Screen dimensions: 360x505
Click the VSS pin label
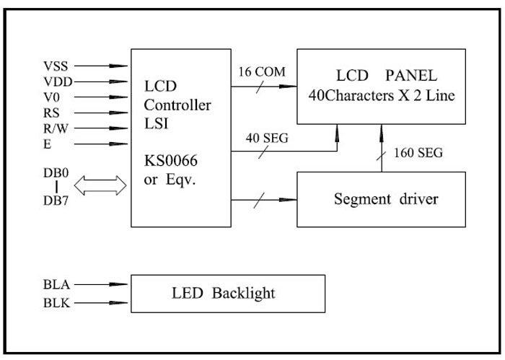[x=55, y=66]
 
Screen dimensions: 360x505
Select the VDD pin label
[x=56, y=82]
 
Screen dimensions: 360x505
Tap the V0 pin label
[x=51, y=97]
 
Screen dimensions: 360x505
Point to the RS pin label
[x=51, y=113]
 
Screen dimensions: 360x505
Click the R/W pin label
[x=55, y=128]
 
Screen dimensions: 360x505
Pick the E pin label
[x=47, y=144]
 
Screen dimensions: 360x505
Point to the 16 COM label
[x=261, y=71]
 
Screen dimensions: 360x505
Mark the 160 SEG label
[x=418, y=152]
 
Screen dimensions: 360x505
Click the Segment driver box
[x=385, y=198]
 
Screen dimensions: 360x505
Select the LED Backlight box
[x=227, y=293]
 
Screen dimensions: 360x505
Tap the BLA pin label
[x=56, y=284]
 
